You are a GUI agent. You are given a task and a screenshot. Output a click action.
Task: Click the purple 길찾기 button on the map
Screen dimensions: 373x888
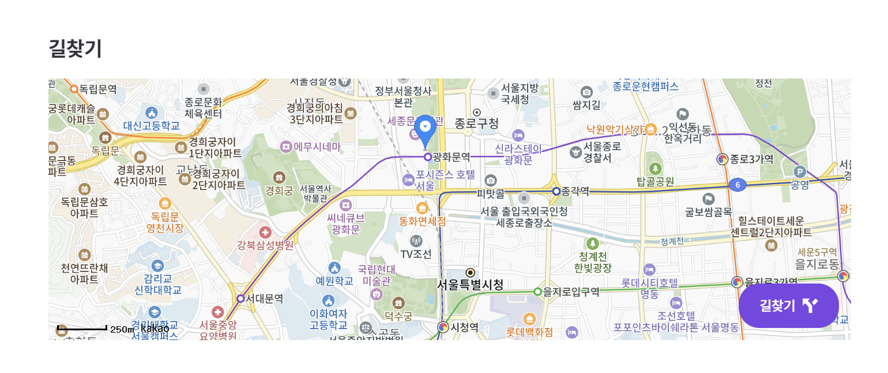(788, 305)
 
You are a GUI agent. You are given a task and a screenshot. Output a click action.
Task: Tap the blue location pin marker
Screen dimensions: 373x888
(426, 128)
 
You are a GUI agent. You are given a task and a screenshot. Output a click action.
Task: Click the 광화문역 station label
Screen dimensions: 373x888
(451, 156)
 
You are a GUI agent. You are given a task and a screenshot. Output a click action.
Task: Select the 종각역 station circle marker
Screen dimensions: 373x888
(556, 191)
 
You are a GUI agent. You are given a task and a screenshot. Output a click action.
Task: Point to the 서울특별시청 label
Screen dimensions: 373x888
(470, 285)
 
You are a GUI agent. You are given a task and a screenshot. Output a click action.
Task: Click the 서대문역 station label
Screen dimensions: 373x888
(264, 299)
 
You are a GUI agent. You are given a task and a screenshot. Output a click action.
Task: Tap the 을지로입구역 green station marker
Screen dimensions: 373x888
(538, 292)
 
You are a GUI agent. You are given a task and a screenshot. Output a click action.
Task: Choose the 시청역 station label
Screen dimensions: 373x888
(464, 327)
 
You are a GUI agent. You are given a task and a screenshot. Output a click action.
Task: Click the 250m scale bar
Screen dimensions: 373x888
(82, 329)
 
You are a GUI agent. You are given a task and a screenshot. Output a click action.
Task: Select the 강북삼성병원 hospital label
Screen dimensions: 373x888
(265, 245)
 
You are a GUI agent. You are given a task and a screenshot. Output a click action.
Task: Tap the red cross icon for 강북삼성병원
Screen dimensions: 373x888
(265, 232)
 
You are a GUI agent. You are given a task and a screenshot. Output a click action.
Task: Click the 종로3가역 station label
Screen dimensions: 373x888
(751, 159)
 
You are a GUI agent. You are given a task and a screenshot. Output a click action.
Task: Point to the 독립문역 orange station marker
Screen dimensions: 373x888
(74, 89)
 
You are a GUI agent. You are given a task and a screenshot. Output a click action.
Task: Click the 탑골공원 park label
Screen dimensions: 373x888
(655, 181)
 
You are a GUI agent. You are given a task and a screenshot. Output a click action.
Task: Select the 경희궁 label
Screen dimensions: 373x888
(279, 191)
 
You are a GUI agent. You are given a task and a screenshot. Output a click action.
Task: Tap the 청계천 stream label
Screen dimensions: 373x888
(672, 241)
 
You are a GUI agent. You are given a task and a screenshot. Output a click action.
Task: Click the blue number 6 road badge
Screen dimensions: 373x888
(737, 185)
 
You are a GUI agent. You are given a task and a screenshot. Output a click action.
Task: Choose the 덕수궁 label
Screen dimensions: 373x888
(398, 316)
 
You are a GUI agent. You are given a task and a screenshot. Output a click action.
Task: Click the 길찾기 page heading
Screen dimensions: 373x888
(76, 49)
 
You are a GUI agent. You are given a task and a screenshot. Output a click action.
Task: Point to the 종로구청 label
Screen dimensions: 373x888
(476, 123)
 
